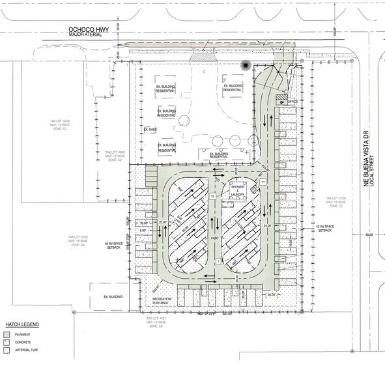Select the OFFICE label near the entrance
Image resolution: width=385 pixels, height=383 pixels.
pyautogui.click(x=292, y=102)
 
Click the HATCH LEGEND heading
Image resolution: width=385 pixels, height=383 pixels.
pyautogui.click(x=23, y=324)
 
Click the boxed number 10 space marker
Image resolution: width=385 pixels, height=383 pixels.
pyautogui.click(x=212, y=196)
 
